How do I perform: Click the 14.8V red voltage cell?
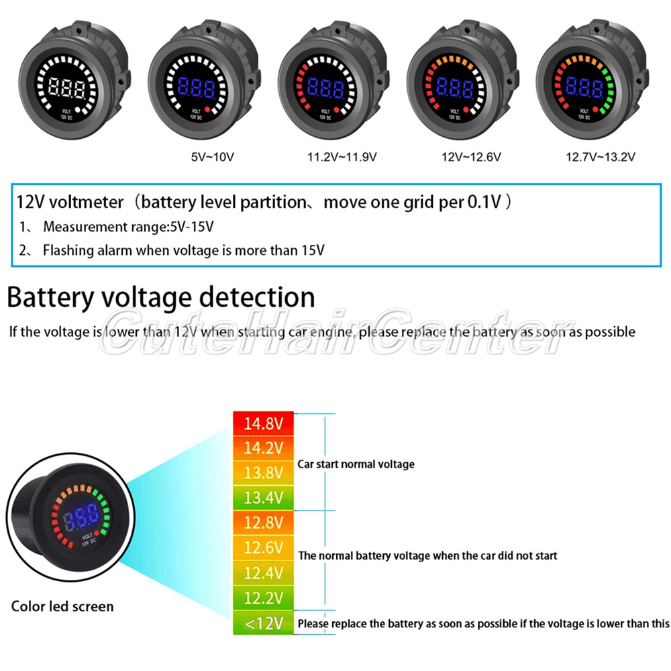click(x=264, y=424)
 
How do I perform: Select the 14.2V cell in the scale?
click(x=264, y=448)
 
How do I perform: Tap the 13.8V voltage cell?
click(x=264, y=473)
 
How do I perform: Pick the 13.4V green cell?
click(x=264, y=497)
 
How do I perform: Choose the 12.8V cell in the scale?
click(x=264, y=523)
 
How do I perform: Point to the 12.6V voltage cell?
click(x=264, y=548)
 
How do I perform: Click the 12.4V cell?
click(x=264, y=573)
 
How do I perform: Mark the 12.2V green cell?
click(x=264, y=598)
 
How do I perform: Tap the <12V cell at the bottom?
click(x=264, y=624)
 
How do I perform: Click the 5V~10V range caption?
click(x=212, y=158)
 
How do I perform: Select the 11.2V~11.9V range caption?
click(x=342, y=158)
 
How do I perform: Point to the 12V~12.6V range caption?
click(x=470, y=158)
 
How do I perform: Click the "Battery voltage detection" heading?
click(x=161, y=297)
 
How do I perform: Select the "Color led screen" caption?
click(x=62, y=607)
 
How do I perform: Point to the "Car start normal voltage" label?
click(x=356, y=464)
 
